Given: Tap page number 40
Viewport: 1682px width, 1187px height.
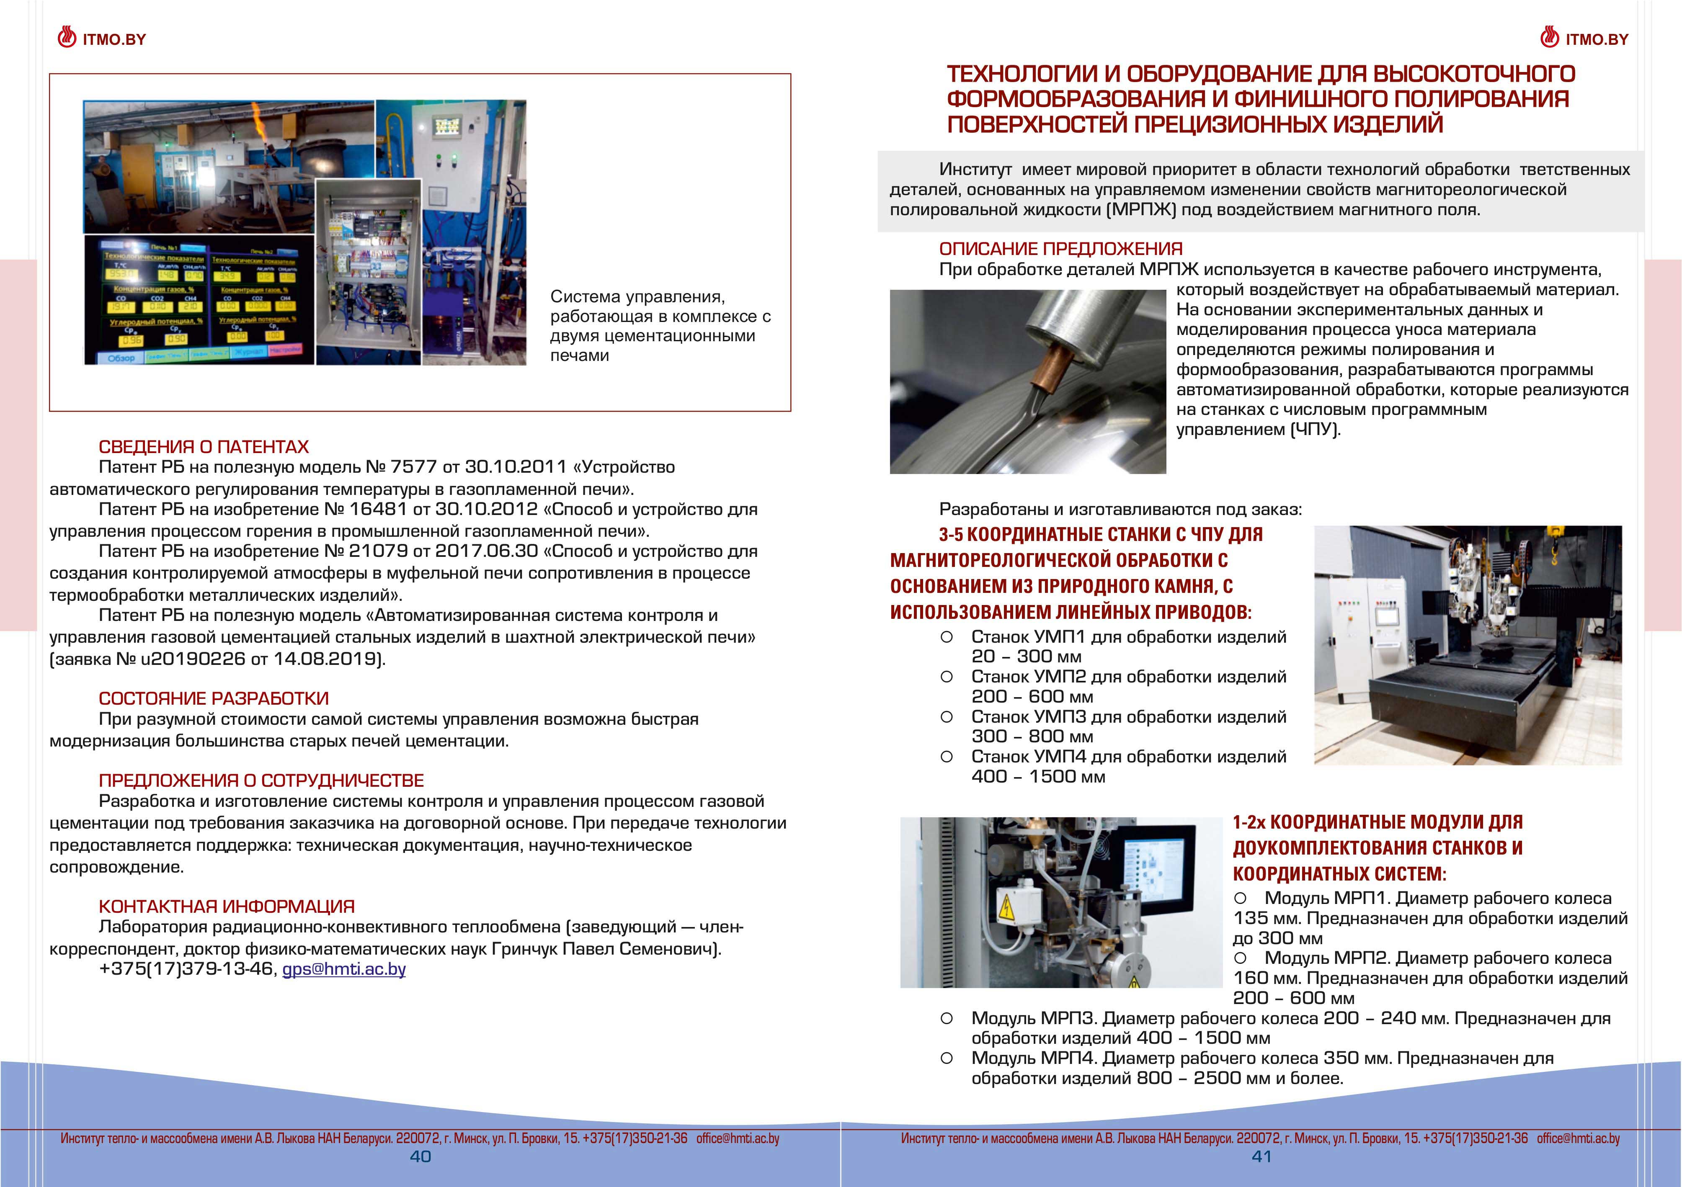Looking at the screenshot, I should coord(420,1156).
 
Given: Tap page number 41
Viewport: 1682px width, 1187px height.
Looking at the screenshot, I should coord(1261,1156).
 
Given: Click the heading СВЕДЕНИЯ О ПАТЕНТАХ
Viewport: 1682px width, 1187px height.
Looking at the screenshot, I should coord(204,447).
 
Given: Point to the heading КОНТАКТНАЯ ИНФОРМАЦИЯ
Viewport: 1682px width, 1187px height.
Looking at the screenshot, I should coord(226,906).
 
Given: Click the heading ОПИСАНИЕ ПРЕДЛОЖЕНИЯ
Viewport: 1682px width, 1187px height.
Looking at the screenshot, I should coord(1061,249).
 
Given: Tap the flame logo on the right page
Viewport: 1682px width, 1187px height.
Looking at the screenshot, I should coord(1549,37).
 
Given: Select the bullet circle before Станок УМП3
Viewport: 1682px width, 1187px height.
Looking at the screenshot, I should coord(947,717).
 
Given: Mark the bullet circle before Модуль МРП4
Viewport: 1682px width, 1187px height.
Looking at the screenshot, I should coord(947,1058).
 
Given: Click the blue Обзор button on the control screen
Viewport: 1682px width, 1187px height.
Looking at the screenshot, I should coord(121,357).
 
